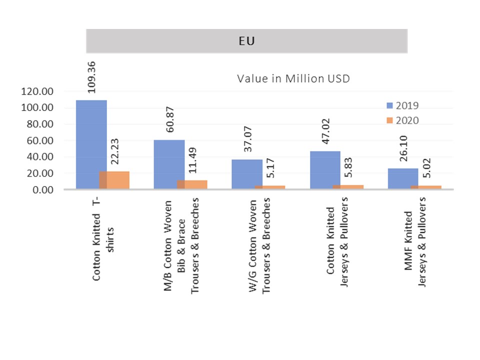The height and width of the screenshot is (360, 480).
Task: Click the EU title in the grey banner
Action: tap(246, 41)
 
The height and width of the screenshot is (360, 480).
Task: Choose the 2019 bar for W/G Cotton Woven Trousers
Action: tap(247, 174)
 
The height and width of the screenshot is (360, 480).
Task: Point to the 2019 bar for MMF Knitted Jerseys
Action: tap(403, 179)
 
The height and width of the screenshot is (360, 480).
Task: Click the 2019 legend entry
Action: tap(402, 105)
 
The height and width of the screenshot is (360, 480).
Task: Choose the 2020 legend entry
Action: tap(402, 120)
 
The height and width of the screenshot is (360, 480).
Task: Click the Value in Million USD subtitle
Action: tap(293, 78)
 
